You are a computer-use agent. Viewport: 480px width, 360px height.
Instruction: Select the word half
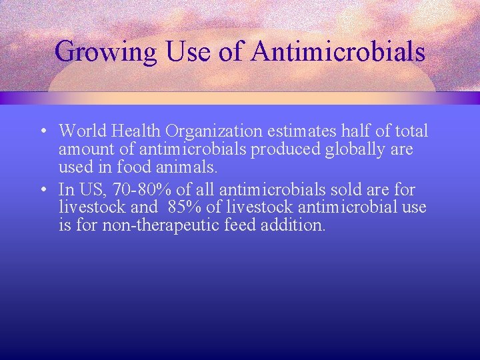361,131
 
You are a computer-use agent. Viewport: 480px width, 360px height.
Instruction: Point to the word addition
299,225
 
